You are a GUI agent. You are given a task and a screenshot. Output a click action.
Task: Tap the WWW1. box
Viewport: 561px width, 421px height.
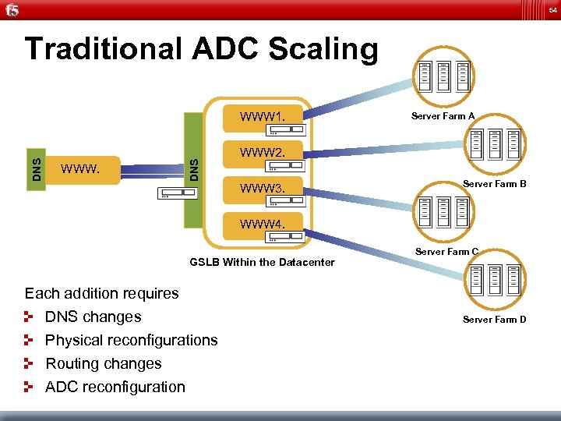[263, 119]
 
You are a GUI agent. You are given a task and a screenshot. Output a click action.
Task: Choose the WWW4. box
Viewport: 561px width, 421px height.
[263, 226]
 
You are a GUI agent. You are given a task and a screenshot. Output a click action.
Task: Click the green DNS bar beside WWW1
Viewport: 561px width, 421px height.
[194, 167]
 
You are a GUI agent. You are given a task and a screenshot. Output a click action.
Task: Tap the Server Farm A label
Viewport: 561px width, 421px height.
[443, 116]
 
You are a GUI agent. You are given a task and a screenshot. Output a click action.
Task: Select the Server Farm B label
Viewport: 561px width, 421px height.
[495, 184]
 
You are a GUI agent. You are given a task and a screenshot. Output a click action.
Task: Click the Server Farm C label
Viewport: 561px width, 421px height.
[446, 252]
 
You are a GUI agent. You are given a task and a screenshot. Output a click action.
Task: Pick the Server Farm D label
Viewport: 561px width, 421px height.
[494, 320]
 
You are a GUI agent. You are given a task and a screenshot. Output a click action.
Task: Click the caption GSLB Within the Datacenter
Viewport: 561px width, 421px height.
[262, 262]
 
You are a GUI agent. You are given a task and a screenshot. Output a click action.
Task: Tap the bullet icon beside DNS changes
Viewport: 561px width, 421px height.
[30, 317]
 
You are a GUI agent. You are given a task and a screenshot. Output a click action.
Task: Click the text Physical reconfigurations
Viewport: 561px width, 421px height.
[132, 341]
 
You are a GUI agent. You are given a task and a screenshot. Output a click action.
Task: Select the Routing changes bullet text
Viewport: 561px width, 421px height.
[104, 364]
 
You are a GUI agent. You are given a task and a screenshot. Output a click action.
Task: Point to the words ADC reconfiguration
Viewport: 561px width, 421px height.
[115, 387]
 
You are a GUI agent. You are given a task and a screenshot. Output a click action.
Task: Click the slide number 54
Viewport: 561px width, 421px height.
[552, 9]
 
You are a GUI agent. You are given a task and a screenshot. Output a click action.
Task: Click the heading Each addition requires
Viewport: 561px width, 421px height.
[102, 294]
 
